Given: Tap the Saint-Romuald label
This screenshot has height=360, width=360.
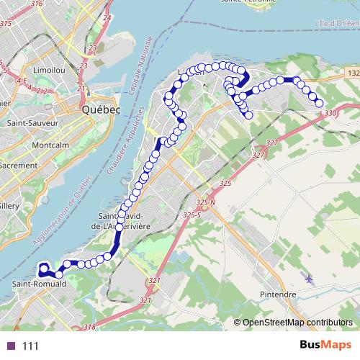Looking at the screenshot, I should point(39,284).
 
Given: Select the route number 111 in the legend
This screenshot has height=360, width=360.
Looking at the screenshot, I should point(30,346).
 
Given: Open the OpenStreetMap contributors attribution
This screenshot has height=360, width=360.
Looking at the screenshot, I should point(297,323).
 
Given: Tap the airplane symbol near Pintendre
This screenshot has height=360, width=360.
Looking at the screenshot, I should point(310,278).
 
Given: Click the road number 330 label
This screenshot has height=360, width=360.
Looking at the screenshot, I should point(330,113).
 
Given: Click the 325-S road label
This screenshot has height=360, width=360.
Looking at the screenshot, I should point(192,215).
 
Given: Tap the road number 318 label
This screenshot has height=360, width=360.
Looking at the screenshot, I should point(89,328).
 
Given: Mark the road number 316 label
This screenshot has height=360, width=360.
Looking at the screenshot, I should point(37,4).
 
